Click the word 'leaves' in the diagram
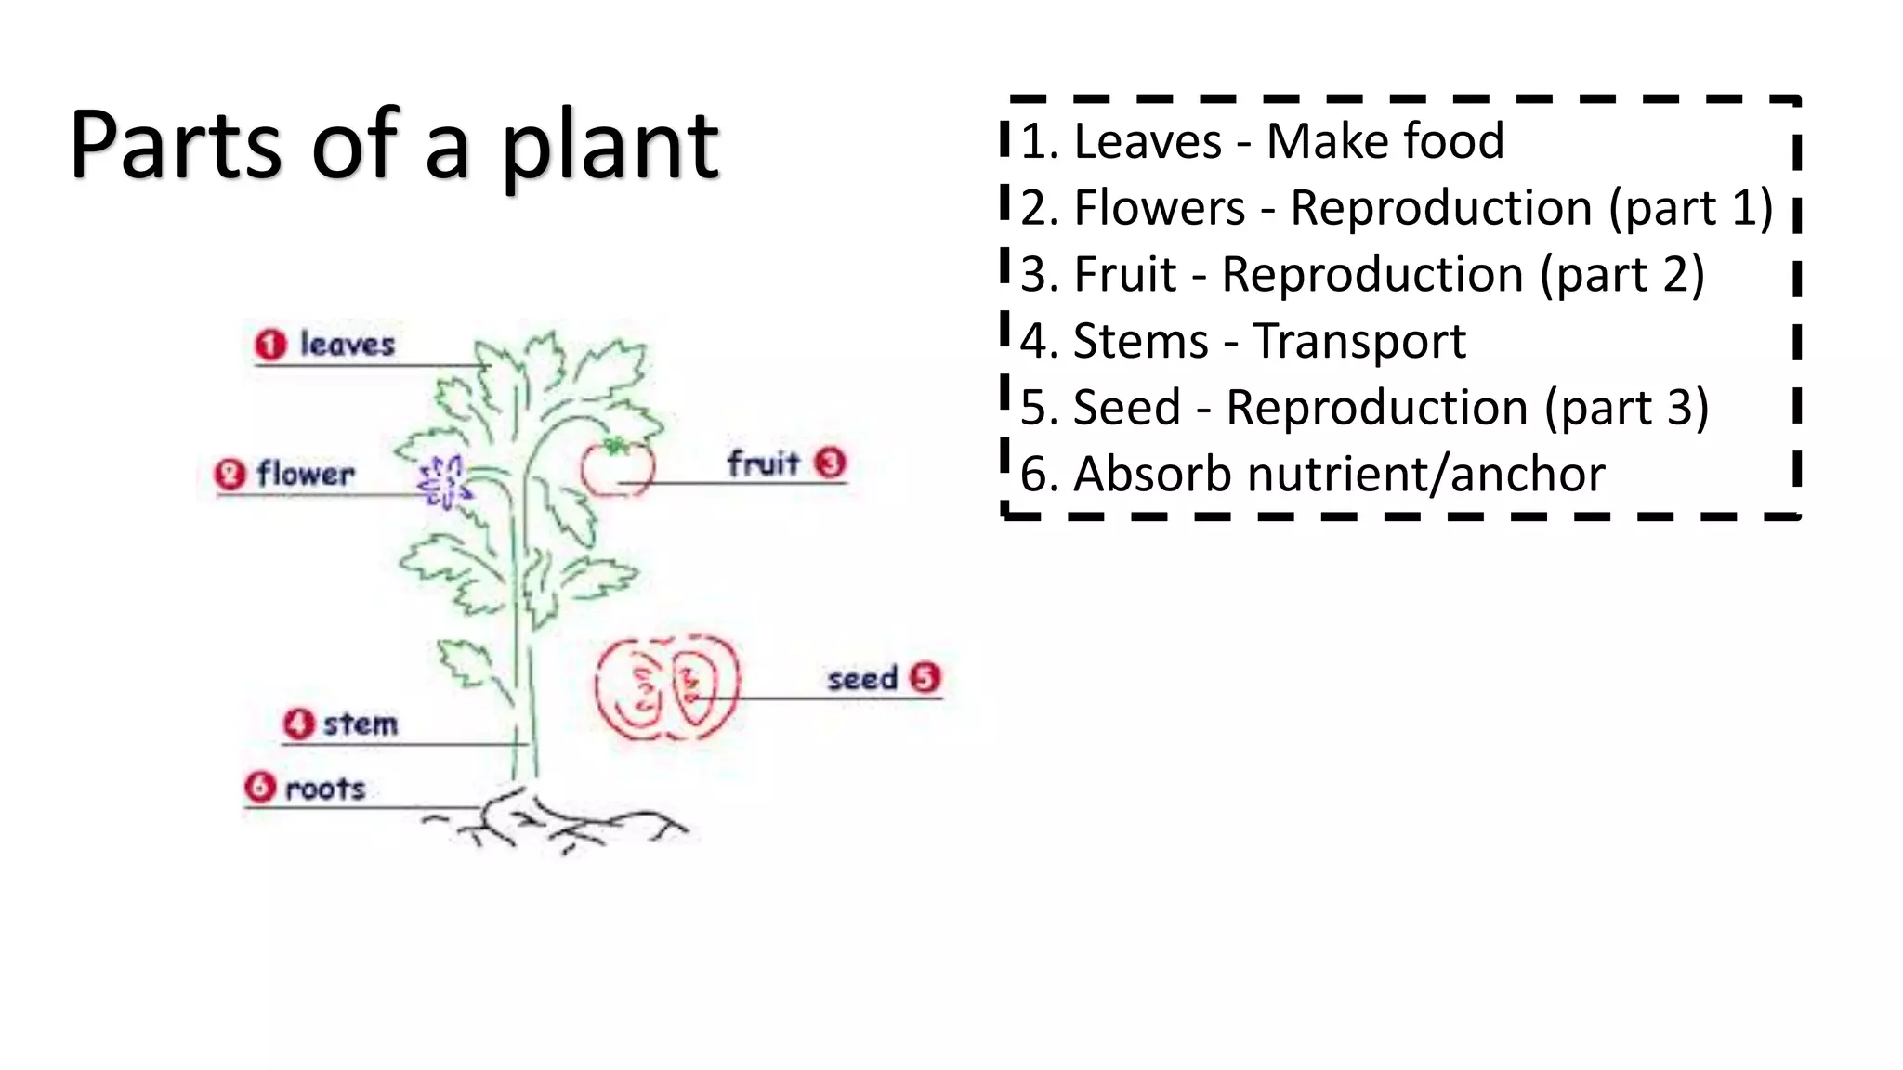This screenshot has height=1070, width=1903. pos(347,345)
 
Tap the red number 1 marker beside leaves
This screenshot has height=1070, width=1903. pos(270,345)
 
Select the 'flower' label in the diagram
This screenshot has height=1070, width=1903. pos(306,475)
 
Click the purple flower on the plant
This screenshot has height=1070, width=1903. pos(442,482)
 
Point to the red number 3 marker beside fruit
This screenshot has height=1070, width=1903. pos(830,463)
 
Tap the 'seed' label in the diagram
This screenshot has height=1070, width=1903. pos(862,679)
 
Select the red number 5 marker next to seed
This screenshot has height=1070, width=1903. pos(925,678)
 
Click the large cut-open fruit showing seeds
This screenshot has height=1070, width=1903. pos(667,688)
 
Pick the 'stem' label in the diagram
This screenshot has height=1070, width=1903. pos(361,724)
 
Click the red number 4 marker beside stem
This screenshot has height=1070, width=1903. pos(298,724)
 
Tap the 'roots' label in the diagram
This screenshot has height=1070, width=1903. pos(325,789)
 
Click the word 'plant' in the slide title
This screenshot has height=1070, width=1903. pos(610,149)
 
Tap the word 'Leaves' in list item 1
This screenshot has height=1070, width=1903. pos(1148,142)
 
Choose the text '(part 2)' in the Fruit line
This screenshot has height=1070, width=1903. pos(1621,275)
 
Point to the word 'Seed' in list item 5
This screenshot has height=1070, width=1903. pos(1127,408)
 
